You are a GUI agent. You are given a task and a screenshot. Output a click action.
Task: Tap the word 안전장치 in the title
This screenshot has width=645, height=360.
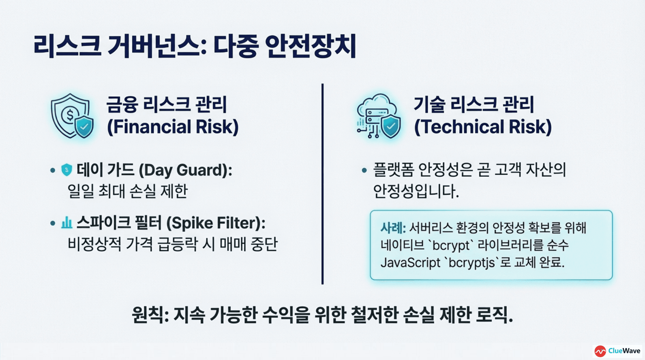310,46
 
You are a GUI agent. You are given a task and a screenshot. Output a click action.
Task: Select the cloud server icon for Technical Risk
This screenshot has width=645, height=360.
378,116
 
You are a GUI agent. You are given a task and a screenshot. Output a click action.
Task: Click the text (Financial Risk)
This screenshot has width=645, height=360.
173,127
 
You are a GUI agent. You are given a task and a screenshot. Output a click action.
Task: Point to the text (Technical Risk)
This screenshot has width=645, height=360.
483,127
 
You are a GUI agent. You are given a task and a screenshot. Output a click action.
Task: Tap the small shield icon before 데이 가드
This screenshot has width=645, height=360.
66,170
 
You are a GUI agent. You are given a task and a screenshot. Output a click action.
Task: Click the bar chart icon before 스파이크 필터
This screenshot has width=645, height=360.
66,223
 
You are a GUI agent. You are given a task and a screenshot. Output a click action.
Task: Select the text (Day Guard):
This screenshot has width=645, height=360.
185,170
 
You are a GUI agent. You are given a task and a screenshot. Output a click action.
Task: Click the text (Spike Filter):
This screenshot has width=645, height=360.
215,223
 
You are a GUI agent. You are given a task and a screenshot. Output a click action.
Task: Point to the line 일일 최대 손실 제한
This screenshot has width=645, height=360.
128,191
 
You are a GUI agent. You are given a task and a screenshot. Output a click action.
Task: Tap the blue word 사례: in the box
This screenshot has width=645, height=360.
393,228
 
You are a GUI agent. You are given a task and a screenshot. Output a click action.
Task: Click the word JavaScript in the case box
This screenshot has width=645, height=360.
410,263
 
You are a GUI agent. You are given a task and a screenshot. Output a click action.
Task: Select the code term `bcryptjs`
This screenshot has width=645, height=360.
472,263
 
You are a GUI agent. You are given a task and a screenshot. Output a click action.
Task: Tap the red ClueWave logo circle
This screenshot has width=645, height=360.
600,351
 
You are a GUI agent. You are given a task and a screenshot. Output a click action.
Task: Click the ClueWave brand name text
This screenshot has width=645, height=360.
624,351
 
